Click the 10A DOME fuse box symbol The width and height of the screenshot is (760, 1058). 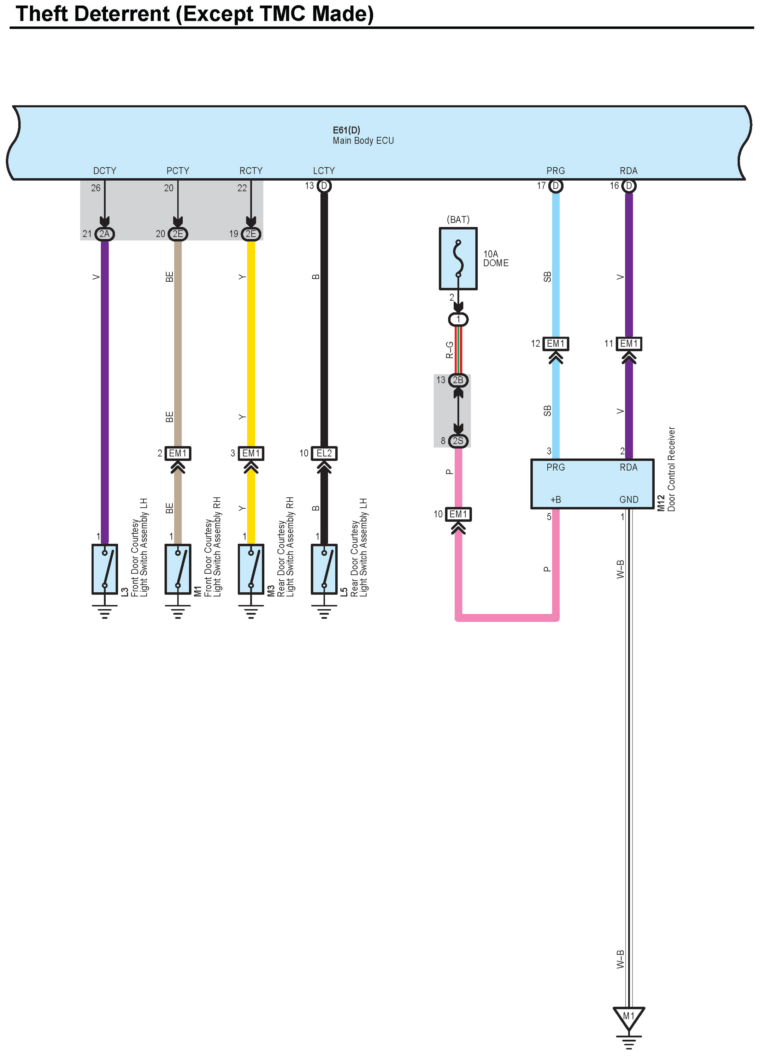[458, 258]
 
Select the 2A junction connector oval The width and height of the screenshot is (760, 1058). [105, 234]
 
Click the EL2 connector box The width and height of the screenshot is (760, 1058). [324, 453]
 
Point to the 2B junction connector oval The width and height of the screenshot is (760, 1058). [458, 380]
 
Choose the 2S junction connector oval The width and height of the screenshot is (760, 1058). [458, 441]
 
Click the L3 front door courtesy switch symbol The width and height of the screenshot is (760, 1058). [105, 569]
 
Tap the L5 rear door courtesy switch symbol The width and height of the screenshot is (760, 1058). [324, 569]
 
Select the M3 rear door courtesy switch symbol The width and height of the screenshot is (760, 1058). [251, 569]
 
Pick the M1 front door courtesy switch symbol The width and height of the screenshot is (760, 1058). [178, 569]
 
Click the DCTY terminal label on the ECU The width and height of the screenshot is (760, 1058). [105, 171]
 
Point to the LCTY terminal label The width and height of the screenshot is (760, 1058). [324, 171]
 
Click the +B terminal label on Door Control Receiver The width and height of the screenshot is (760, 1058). [555, 500]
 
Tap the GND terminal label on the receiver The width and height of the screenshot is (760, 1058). [628, 500]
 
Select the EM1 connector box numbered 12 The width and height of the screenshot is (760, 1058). [555, 344]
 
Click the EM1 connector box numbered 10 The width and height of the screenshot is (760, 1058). [458, 514]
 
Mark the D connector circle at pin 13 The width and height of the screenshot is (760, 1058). [324, 186]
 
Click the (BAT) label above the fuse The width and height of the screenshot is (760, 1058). [458, 219]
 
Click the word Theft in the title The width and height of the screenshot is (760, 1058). [43, 14]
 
